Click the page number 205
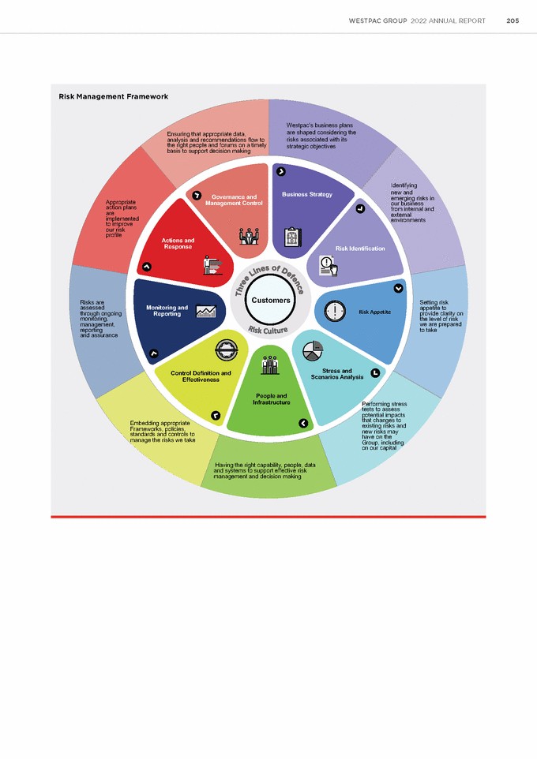[x=512, y=21]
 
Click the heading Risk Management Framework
[x=113, y=96]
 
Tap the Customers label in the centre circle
[x=271, y=300]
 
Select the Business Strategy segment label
[x=306, y=194]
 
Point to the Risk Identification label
[x=360, y=249]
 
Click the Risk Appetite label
[x=374, y=312]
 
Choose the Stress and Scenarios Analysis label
[x=343, y=373]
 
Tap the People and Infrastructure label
[x=271, y=399]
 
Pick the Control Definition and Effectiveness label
[x=201, y=376]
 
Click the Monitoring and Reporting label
[x=167, y=311]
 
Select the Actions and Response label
[x=178, y=243]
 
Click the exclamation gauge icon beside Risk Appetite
[x=335, y=311]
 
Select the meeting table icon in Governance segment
[x=250, y=235]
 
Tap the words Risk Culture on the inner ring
[x=268, y=329]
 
